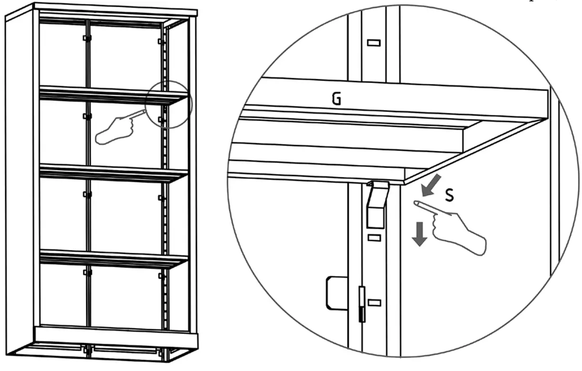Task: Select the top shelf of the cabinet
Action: [114, 94]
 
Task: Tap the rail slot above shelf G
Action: [374, 43]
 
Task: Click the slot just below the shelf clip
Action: [374, 238]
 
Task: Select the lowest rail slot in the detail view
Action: [374, 302]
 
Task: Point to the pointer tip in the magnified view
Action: [416, 203]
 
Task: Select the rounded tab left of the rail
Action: [334, 292]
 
